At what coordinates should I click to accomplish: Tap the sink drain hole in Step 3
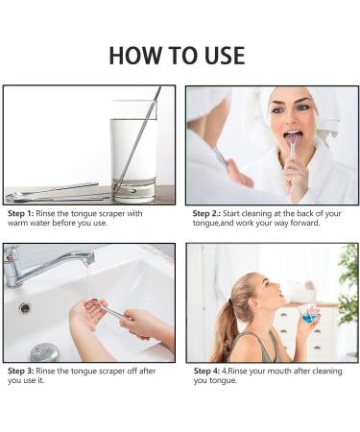pos(25,308)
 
